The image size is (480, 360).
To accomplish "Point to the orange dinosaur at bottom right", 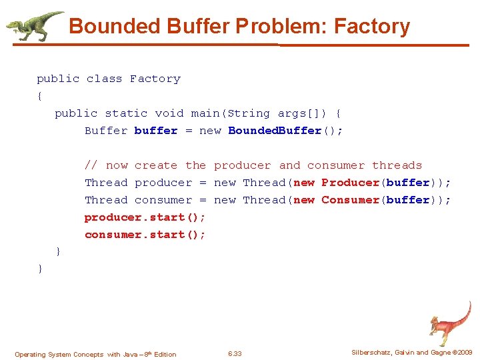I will (x=450, y=323).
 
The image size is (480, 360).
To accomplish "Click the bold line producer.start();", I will (x=145, y=217).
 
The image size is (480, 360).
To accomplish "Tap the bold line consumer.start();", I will (x=145, y=235).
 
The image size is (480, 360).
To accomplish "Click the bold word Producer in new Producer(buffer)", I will (x=350, y=183).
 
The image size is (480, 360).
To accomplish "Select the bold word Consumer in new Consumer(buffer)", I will (x=350, y=200).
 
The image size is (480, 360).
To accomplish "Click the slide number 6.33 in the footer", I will (x=235, y=354).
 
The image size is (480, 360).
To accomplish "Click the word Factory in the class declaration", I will (x=155, y=79).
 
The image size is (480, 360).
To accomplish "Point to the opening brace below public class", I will (x=40, y=96).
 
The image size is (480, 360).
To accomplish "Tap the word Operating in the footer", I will (x=29, y=354).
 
